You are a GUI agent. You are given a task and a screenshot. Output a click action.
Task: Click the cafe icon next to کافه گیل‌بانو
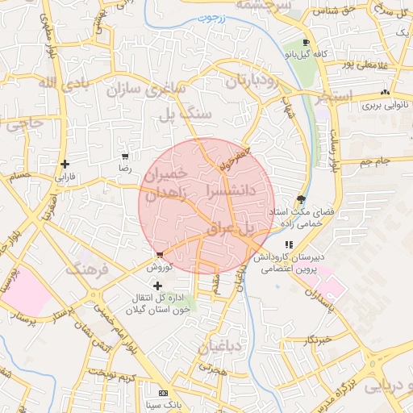305,43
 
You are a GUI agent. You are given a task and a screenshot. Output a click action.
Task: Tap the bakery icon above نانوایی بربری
384,92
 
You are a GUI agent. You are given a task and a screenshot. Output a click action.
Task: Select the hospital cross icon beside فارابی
64,164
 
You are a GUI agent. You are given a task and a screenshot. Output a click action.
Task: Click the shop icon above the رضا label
124,156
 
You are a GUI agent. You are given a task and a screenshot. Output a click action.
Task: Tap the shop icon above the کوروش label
159,254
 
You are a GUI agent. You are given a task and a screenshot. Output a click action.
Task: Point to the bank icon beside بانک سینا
164,393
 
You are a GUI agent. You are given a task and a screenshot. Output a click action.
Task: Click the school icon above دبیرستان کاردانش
289,244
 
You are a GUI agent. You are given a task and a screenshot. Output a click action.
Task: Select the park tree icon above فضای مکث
302,199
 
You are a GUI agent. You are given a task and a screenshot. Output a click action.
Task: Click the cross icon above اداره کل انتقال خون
156,285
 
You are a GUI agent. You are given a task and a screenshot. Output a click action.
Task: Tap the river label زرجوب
214,16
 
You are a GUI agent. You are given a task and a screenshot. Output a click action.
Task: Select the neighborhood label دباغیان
215,348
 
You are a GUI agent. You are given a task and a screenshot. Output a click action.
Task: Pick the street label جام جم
375,162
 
